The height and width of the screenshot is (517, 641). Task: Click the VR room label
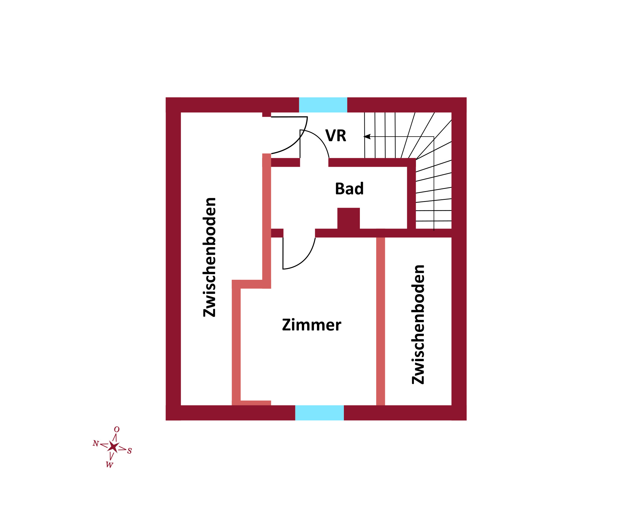point(336,136)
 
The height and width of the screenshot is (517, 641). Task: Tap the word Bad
point(349,189)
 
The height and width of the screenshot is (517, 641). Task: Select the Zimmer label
point(312,325)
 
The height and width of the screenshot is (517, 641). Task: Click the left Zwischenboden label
point(209,257)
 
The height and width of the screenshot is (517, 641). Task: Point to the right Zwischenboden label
point(418,324)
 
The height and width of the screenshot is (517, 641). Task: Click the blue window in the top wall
point(323,105)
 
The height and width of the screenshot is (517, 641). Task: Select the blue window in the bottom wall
point(319,413)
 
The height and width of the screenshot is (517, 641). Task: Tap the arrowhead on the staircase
point(367,137)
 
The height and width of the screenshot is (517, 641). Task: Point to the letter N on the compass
point(96,443)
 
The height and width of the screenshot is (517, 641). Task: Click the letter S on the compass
point(129,451)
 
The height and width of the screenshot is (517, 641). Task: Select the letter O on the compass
point(117,429)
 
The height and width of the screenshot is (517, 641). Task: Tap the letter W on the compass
point(109,465)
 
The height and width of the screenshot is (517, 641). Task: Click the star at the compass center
point(113,447)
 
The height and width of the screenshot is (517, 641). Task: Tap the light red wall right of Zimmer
point(381,321)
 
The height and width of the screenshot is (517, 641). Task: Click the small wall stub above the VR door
point(267,115)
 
